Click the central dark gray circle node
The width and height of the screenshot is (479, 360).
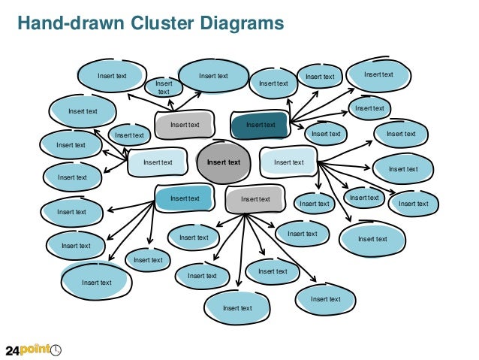point(223,162)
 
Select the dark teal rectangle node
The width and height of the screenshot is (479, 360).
point(260,125)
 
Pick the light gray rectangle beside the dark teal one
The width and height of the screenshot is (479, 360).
point(185,125)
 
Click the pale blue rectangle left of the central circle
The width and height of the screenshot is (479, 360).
point(158,162)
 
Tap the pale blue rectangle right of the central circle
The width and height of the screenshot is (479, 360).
point(288,162)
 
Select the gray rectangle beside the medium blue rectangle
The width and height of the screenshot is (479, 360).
point(255,199)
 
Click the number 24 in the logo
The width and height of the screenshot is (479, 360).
point(14,350)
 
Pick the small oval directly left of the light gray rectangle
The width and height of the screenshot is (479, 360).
point(128,135)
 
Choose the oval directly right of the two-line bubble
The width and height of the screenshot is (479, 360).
point(213,75)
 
